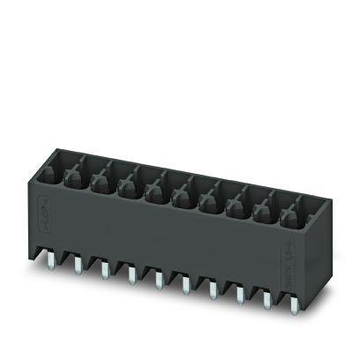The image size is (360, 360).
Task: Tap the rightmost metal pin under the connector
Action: (292, 305)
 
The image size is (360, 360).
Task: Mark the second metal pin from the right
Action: (266, 300)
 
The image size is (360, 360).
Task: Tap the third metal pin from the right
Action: (238, 295)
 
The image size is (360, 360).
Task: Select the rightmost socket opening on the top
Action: (290, 215)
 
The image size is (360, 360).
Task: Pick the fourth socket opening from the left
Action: (126, 182)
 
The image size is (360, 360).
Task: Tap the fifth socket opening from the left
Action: (154, 187)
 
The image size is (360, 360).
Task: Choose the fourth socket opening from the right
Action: (208, 199)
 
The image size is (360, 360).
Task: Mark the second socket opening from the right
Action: (263, 210)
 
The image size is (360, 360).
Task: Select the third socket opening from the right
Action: (236, 205)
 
